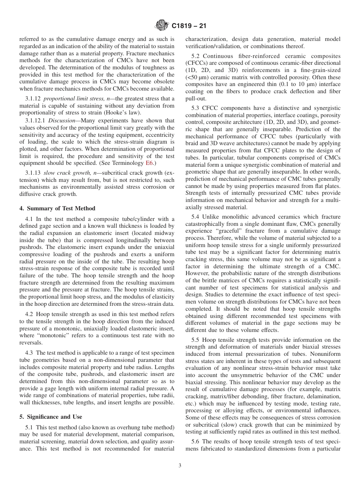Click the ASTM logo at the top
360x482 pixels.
click(x=162, y=26)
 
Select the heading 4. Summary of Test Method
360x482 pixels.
click(x=57, y=208)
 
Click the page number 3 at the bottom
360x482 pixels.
click(x=180, y=466)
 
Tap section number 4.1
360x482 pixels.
click(x=29, y=219)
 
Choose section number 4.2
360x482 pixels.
click(x=29, y=314)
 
